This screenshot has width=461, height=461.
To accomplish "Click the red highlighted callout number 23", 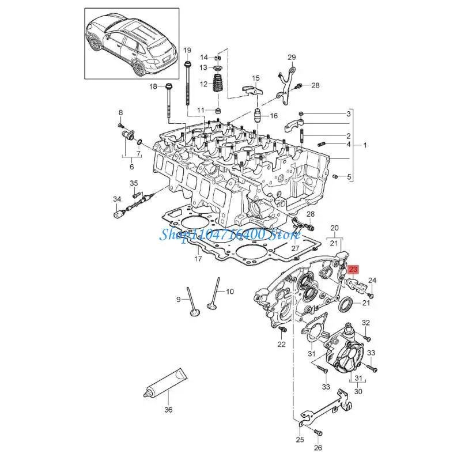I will (x=353, y=269).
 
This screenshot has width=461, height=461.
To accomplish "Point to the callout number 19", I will (x=187, y=51).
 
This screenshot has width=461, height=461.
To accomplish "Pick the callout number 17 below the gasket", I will (x=198, y=259).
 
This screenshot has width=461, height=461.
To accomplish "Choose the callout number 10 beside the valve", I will (x=229, y=292).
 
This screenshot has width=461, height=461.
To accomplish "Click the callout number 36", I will (x=168, y=410).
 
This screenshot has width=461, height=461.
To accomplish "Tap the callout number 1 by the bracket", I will (x=365, y=145).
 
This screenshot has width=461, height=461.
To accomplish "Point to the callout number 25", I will (x=300, y=440).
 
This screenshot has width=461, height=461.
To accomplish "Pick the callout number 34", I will (x=117, y=199).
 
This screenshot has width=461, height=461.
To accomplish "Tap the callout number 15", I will (x=256, y=78).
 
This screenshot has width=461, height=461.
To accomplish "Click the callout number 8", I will (x=120, y=112).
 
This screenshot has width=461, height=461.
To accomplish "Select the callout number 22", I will (x=281, y=344).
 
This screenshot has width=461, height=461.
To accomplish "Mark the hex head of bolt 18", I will (x=168, y=88).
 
